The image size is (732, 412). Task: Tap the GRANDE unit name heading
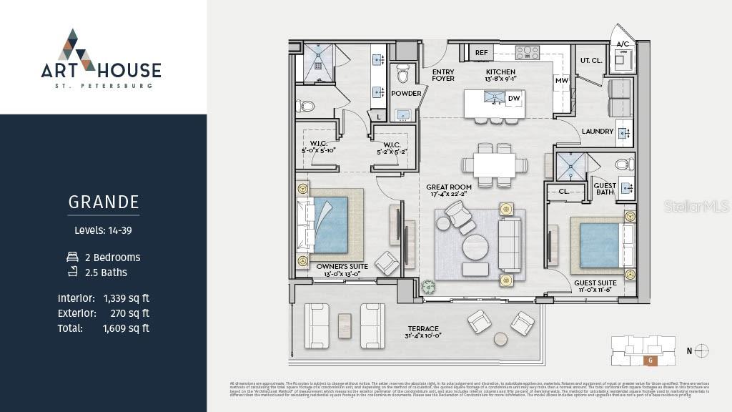coord(104,202)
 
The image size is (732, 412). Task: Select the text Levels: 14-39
coord(104,230)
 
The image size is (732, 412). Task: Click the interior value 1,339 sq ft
coord(126,298)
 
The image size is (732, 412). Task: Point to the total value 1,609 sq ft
coord(126,328)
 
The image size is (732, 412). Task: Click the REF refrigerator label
coord(481,52)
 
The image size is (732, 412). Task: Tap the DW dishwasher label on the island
coord(513,99)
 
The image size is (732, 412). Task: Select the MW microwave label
coord(561,81)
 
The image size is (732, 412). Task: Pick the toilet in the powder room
coord(403,74)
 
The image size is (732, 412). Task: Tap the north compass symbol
coord(702,350)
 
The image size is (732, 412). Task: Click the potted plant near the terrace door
coord(428,286)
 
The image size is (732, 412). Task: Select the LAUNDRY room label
coord(598,132)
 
